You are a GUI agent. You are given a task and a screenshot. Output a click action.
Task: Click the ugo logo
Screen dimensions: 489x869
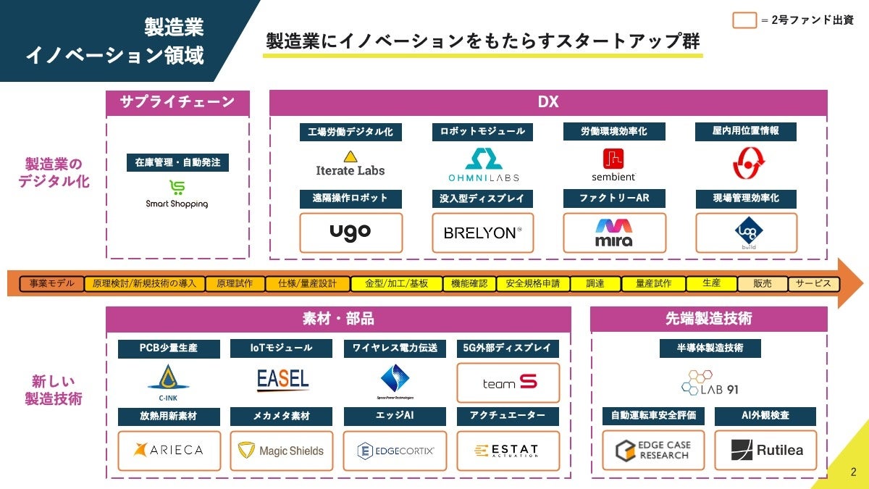[350, 233]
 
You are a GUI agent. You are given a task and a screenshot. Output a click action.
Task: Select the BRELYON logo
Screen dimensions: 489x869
[482, 233]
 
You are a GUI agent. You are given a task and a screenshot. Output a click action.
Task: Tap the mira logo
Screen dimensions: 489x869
[614, 233]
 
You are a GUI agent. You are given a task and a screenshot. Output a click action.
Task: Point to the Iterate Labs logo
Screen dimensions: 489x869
[350, 164]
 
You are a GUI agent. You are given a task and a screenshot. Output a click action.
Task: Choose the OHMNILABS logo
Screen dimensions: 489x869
[483, 164]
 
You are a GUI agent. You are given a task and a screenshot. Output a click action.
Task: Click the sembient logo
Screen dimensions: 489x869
[613, 164]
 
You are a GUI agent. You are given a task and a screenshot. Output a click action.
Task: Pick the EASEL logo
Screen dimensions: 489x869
[282, 379]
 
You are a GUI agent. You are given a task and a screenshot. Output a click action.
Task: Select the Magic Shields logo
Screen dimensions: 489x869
[282, 451]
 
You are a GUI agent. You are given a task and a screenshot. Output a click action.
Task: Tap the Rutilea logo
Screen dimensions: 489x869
[765, 451]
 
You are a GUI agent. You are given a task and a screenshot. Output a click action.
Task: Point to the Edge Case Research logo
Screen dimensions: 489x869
[653, 451]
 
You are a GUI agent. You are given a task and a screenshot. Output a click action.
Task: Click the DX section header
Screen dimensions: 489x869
[548, 102]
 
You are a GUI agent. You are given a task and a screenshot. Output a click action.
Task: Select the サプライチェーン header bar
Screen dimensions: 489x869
[177, 102]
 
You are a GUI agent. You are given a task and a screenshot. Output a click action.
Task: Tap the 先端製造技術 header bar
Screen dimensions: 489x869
[708, 318]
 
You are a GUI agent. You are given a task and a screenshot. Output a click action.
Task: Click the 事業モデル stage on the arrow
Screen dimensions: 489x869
[52, 283]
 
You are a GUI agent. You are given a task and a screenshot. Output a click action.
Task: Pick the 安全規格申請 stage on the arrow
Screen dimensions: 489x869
[532, 283]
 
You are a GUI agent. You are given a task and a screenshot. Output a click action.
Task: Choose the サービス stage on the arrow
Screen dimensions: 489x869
[813, 283]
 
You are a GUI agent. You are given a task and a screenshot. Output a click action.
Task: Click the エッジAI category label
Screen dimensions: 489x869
[395, 416]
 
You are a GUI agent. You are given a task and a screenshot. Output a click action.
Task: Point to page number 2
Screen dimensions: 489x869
[852, 472]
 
